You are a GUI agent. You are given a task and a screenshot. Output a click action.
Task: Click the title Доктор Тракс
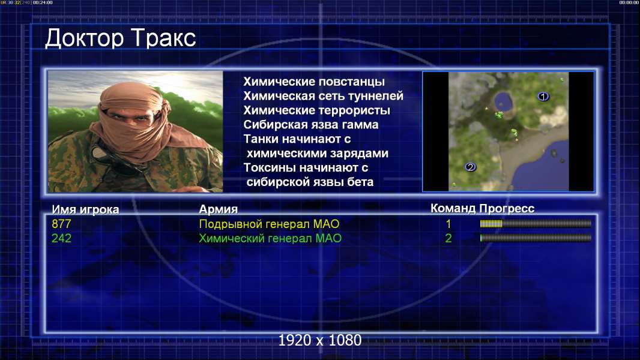coord(121,38)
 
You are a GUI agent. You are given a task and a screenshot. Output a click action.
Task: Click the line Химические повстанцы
coord(314,82)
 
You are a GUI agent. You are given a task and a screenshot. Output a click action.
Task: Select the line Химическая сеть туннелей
coord(323,96)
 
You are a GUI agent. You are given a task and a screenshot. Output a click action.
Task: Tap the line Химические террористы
coord(317,110)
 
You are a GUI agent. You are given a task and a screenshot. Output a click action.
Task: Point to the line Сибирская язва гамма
coord(311,124)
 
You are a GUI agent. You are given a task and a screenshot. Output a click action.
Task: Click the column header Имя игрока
coord(85,209)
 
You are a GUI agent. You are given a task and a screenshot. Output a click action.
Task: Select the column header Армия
coord(218,209)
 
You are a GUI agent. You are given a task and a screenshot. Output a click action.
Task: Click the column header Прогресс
coord(507,208)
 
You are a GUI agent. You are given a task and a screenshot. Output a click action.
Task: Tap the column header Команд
coord(453,208)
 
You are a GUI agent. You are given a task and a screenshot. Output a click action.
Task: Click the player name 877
coord(61,224)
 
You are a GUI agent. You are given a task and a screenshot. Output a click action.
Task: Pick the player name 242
coord(61,238)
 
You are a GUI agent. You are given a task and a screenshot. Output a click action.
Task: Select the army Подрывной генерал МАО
coord(269,224)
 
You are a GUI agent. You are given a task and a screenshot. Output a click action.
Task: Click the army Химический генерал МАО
coord(270,238)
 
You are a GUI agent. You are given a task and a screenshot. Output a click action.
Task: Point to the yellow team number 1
coord(448,224)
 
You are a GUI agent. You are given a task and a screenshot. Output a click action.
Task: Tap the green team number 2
coord(448,238)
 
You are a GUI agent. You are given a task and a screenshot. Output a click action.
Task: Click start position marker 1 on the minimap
coord(543,97)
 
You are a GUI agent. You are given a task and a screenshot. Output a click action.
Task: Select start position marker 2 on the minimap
coord(470,167)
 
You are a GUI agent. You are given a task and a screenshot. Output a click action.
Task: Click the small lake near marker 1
coord(504,101)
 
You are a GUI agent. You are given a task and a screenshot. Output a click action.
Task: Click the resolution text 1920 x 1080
coord(320,340)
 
